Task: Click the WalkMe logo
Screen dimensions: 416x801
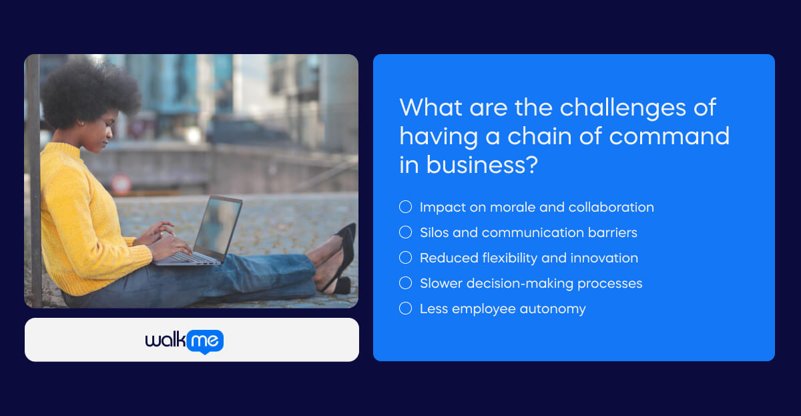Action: pos(184,341)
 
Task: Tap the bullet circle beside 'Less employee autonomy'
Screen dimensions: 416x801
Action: pos(405,308)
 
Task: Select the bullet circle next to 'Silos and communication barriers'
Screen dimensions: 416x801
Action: pos(405,232)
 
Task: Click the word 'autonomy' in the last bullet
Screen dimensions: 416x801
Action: pos(553,308)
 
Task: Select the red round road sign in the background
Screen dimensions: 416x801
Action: pos(120,184)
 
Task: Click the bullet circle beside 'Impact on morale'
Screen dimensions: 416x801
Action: pos(405,207)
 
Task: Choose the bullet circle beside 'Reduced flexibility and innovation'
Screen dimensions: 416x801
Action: pos(405,258)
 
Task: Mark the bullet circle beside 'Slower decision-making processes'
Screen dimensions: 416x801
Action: pos(405,283)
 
